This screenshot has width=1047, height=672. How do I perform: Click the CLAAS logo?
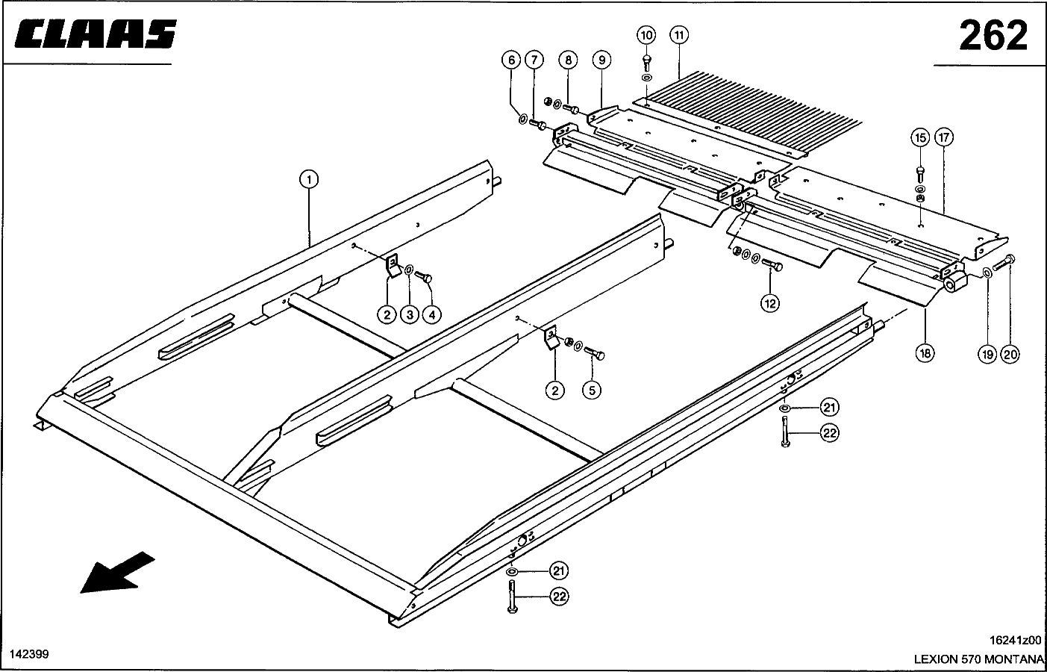point(96,34)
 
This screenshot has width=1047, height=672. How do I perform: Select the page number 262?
point(993,35)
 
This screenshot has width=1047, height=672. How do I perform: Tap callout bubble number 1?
point(308,179)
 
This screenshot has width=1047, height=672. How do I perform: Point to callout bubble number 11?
point(679,35)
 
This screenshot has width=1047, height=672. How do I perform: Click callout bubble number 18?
point(925,354)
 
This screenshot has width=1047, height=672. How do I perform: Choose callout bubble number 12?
point(770,302)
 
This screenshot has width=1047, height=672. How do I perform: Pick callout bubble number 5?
point(592,390)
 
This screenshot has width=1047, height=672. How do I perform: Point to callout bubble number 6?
point(511,60)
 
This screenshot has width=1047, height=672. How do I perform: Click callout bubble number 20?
point(1010,355)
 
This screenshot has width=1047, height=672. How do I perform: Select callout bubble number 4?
point(431,315)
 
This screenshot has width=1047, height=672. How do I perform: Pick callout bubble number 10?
point(646,35)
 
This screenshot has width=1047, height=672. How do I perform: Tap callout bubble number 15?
point(920,137)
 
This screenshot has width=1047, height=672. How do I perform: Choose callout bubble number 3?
point(409,315)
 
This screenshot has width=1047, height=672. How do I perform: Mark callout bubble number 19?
point(987,355)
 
